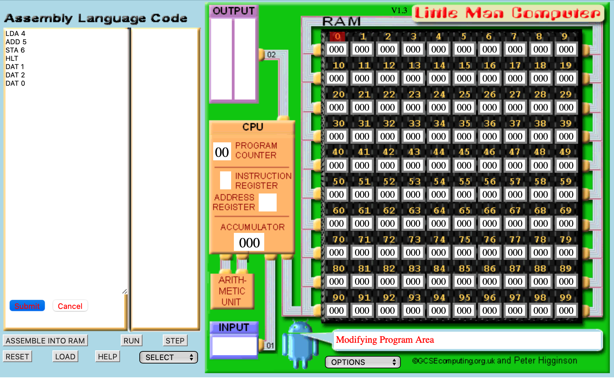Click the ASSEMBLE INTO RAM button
45,341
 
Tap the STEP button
175,341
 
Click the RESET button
17,357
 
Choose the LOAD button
65,357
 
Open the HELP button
108,357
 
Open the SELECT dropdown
169,357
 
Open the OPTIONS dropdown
363,362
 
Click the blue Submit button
27,306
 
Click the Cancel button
70,306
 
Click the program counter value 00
222,152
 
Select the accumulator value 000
249,243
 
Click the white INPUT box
235,346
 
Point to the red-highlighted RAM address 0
337,36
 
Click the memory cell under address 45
464,165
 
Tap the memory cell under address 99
566,310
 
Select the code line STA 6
15,50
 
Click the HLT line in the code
12,58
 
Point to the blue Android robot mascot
300,344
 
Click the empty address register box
268,202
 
